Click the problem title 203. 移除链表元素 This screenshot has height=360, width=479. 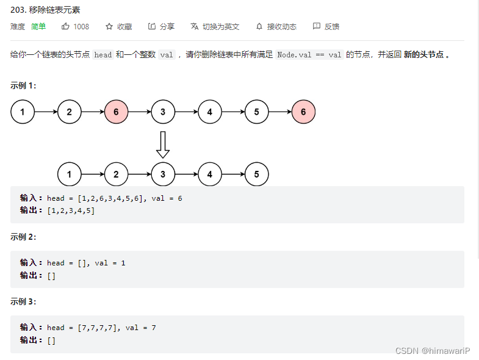[x=45, y=10]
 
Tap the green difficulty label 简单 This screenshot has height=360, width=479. [x=38, y=27]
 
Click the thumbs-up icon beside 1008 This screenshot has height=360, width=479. [x=65, y=27]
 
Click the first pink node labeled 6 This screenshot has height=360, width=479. [x=116, y=112]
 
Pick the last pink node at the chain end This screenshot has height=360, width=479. [x=303, y=112]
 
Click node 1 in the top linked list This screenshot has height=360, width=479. [x=23, y=112]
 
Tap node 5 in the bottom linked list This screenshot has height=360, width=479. [x=256, y=175]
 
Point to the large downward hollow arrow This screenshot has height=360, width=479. [x=162, y=144]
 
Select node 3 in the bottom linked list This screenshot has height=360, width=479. [x=163, y=175]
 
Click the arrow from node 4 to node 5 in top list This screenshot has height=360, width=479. [x=233, y=112]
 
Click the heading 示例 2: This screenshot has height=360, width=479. [x=23, y=237]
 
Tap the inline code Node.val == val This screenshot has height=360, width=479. [x=309, y=54]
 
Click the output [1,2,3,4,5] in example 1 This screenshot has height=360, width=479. [x=71, y=211]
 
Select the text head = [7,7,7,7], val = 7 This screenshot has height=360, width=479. [x=101, y=328]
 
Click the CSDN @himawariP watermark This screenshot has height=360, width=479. [x=434, y=350]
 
